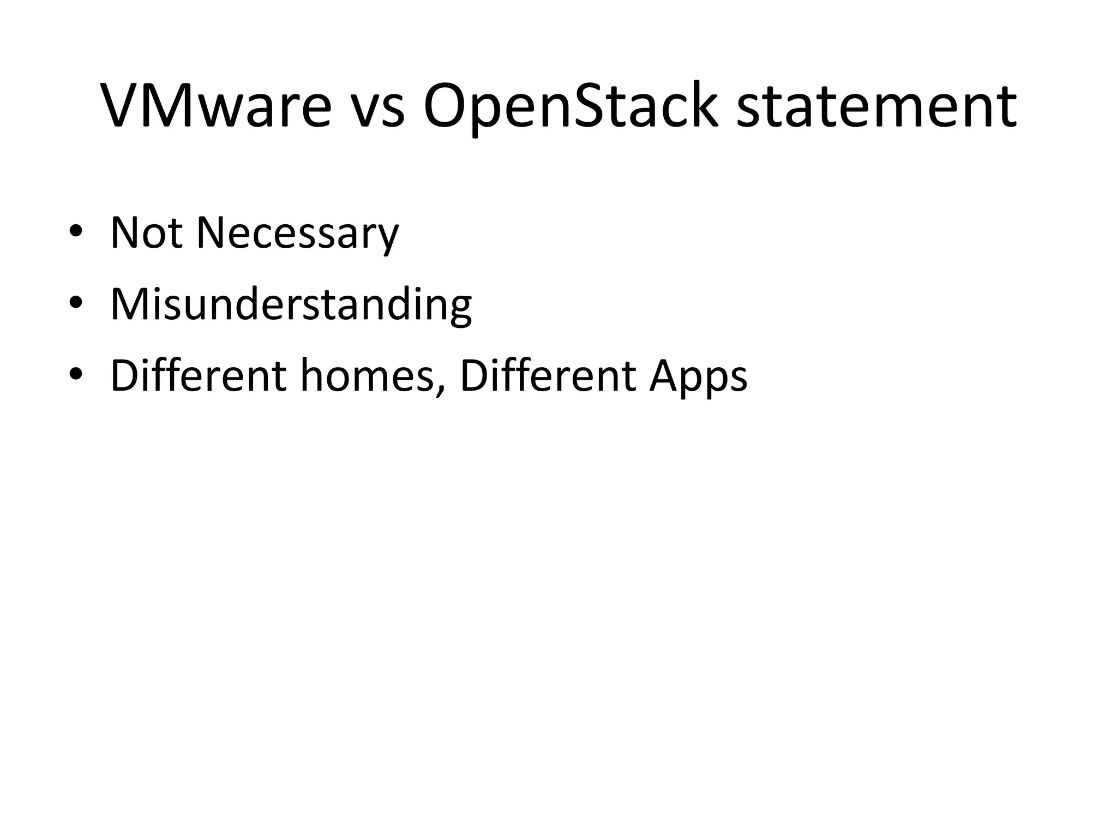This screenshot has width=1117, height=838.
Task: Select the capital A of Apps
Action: click(666, 376)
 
